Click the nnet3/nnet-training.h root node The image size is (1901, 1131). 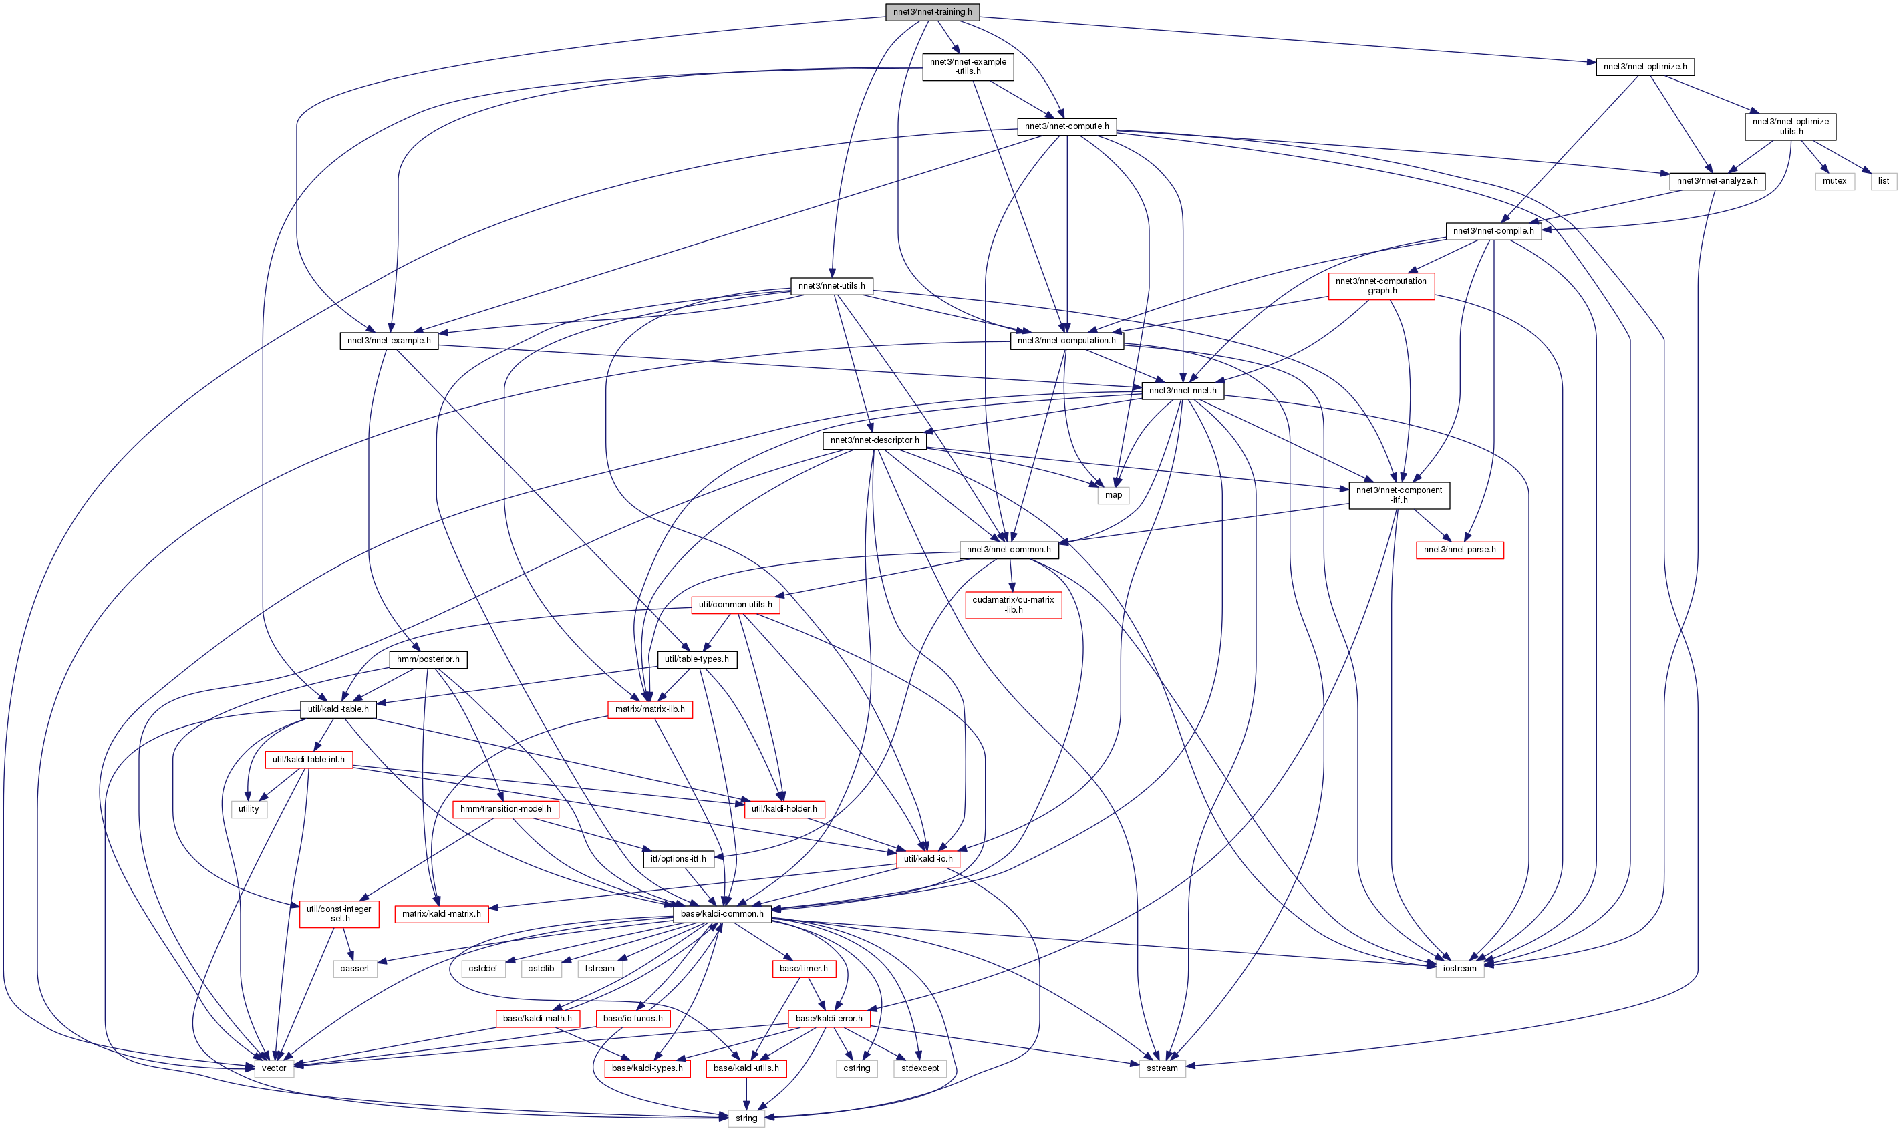[x=931, y=12]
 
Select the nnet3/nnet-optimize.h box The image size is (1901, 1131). [x=1644, y=67]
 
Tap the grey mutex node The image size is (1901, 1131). [x=1834, y=182]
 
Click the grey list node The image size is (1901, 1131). [x=1883, y=182]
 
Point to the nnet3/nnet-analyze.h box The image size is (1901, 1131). [x=1717, y=182]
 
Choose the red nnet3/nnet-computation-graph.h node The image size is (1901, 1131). [x=1380, y=286]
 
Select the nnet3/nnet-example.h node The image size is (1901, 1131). [x=389, y=341]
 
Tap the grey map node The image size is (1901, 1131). [x=1113, y=496]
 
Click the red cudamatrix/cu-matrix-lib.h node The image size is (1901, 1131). [x=1012, y=605]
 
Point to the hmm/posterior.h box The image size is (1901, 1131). [x=428, y=659]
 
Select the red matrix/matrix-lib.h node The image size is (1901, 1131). [x=649, y=709]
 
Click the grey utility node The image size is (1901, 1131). [x=249, y=810]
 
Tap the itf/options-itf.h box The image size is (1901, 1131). [x=678, y=859]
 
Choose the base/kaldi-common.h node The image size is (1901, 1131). [x=721, y=914]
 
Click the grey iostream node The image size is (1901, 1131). [x=1459, y=969]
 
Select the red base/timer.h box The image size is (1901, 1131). [x=802, y=969]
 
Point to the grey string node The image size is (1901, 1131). [x=746, y=1118]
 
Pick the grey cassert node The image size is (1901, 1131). [x=354, y=969]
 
